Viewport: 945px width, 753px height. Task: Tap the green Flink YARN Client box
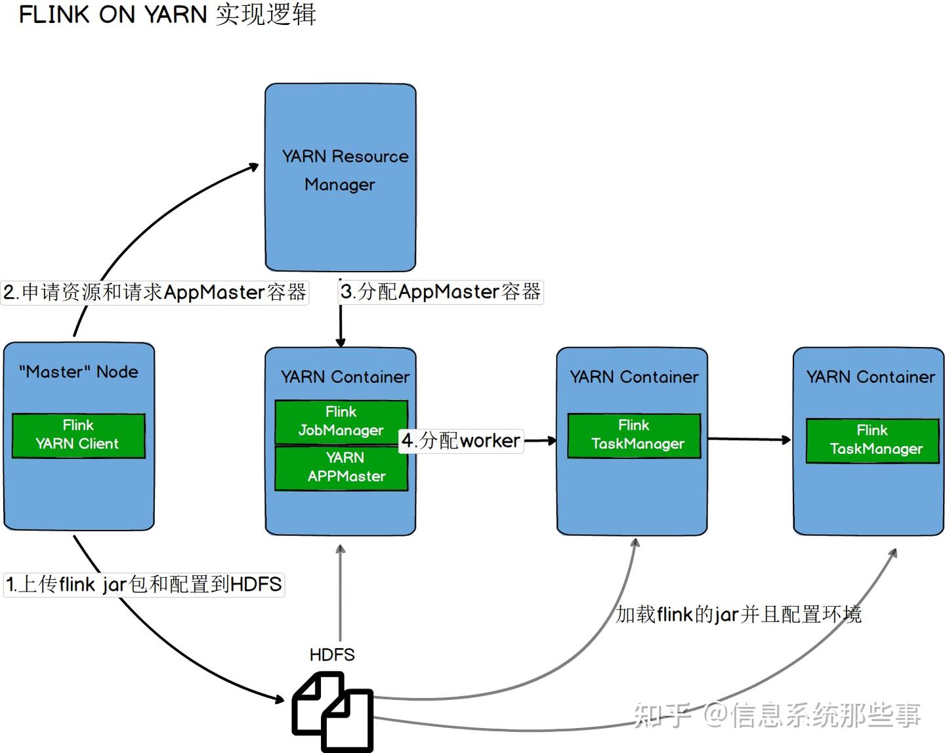pyautogui.click(x=78, y=435)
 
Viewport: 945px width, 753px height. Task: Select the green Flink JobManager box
pyautogui.click(x=341, y=421)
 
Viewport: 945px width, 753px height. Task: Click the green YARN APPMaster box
pyautogui.click(x=341, y=468)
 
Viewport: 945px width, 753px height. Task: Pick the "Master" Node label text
pyautogui.click(x=78, y=372)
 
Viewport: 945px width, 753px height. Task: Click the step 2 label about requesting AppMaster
pyautogui.click(x=154, y=292)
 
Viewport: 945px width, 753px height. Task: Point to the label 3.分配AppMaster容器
pyautogui.click(x=440, y=292)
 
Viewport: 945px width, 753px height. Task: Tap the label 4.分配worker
pyautogui.click(x=461, y=440)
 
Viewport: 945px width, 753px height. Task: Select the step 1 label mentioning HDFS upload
pyautogui.click(x=144, y=584)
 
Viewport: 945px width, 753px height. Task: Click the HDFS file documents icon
pyautogui.click(x=333, y=712)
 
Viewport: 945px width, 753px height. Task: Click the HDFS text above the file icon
pyautogui.click(x=332, y=655)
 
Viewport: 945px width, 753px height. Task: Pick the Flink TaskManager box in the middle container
pyautogui.click(x=634, y=435)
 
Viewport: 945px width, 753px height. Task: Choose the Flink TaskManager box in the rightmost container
pyautogui.click(x=872, y=439)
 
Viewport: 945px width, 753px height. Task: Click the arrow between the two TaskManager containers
pyautogui.click(x=748, y=439)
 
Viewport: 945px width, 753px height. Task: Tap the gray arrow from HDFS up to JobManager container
pyautogui.click(x=341, y=590)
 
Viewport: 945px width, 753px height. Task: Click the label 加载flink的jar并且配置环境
pyautogui.click(x=738, y=615)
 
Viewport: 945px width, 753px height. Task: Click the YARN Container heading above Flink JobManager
pyautogui.click(x=345, y=377)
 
